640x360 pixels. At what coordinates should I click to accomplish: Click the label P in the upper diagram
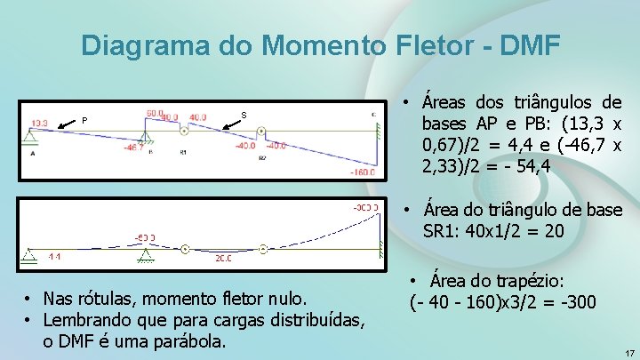click(84, 121)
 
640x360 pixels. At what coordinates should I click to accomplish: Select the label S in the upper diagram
click(244, 114)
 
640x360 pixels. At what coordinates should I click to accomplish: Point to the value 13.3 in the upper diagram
click(39, 124)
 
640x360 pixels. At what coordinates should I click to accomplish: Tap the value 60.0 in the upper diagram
click(155, 113)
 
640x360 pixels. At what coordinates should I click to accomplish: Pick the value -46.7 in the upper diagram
click(134, 146)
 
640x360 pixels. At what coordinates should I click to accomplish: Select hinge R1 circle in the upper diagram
click(184, 132)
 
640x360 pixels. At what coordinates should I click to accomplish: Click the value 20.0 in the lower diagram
click(223, 258)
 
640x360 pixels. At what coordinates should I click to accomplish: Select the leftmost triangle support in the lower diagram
click(30, 256)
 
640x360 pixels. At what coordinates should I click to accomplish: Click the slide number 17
click(629, 353)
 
